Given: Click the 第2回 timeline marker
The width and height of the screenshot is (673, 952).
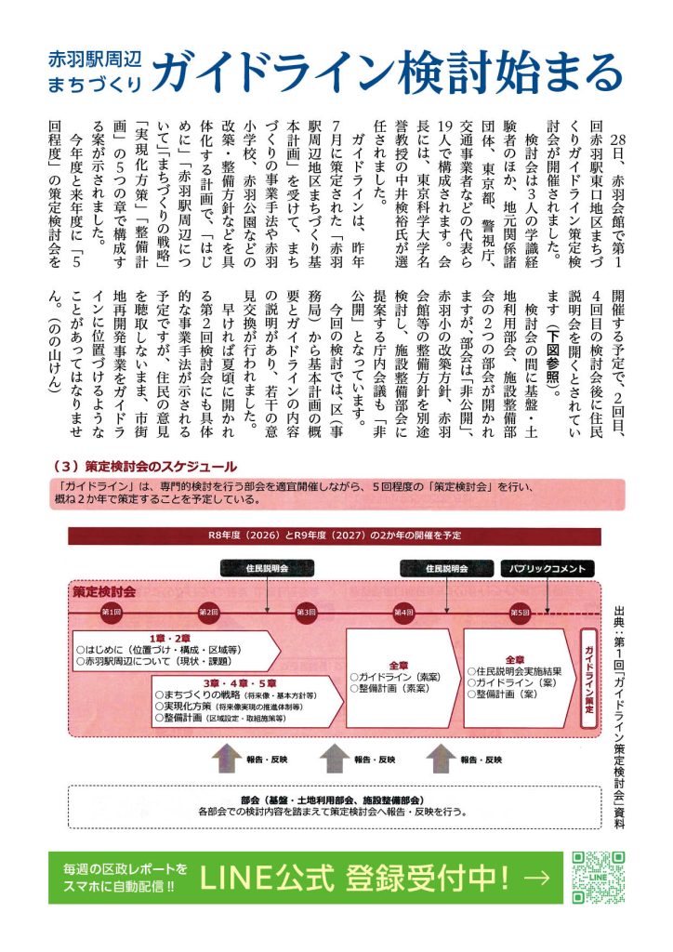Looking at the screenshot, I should (x=208, y=613).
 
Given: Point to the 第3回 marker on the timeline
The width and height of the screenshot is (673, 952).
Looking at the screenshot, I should (x=305, y=613).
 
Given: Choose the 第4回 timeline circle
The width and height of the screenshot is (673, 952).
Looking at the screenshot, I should (x=402, y=613).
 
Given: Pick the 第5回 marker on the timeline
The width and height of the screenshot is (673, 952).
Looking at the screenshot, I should (x=520, y=613).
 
